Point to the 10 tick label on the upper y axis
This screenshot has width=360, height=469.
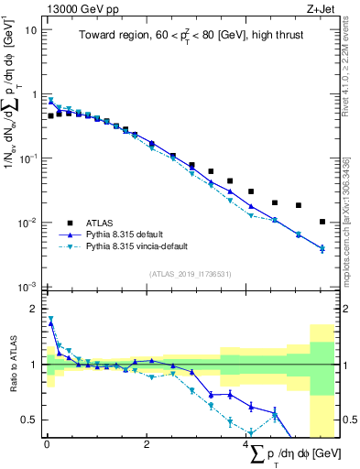[x=31, y=30]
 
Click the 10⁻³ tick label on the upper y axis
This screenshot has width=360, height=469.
[x=28, y=287]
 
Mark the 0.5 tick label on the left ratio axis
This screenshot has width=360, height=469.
[x=31, y=420]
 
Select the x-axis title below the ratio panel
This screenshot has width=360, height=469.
[x=289, y=454]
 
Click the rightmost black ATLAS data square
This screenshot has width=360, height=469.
[x=322, y=222]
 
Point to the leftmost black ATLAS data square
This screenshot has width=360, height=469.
[x=50, y=116]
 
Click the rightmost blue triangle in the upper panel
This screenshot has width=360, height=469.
[x=322, y=248]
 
